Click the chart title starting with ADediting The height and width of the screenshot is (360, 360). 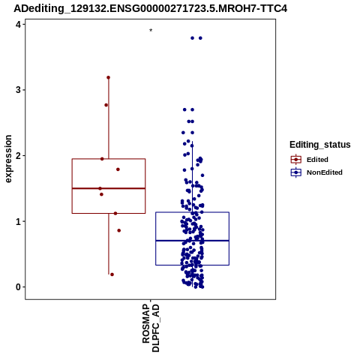tap(150, 8)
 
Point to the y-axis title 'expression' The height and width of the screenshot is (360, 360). tap(8, 159)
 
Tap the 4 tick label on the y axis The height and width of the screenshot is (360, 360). tap(19, 24)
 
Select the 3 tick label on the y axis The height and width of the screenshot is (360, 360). tap(19, 90)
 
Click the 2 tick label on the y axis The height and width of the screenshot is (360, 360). tap(19, 156)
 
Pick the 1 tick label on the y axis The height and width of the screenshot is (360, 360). tap(19, 221)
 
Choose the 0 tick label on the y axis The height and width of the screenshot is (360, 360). tap(19, 287)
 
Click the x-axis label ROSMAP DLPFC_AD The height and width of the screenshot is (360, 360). tap(151, 328)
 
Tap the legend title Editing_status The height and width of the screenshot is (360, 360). tap(320, 145)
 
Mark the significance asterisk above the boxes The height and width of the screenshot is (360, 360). tap(151, 31)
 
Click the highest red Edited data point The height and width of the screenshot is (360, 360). tap(108, 77)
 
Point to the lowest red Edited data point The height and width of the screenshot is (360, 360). tap(112, 274)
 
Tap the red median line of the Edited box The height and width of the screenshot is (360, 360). tap(109, 188)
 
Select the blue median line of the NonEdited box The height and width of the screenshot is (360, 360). tap(192, 241)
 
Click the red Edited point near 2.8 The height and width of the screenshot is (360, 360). tap(106, 105)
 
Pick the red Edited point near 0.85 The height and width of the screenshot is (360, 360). tap(119, 230)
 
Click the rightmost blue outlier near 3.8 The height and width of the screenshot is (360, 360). tap(200, 38)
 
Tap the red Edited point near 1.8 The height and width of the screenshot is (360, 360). tap(118, 169)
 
